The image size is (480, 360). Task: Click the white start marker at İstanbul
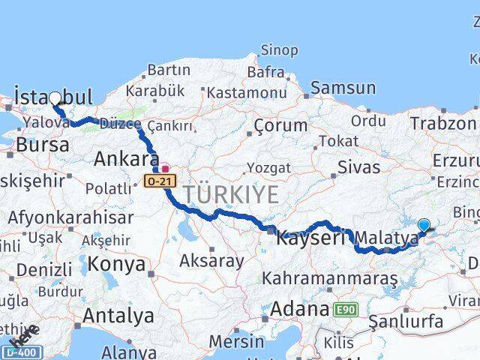[55, 98]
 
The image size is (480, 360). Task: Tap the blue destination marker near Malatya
[424, 224]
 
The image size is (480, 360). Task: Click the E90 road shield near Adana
[346, 309]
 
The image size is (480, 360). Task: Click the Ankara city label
[126, 158]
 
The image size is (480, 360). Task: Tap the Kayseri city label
[310, 239]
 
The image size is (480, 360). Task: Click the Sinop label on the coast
[278, 50]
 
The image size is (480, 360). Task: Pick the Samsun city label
[342, 88]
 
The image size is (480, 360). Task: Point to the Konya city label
[116, 264]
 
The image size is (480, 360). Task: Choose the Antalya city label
[118, 315]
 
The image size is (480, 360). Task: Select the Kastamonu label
[247, 92]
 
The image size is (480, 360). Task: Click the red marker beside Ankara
[164, 168]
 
